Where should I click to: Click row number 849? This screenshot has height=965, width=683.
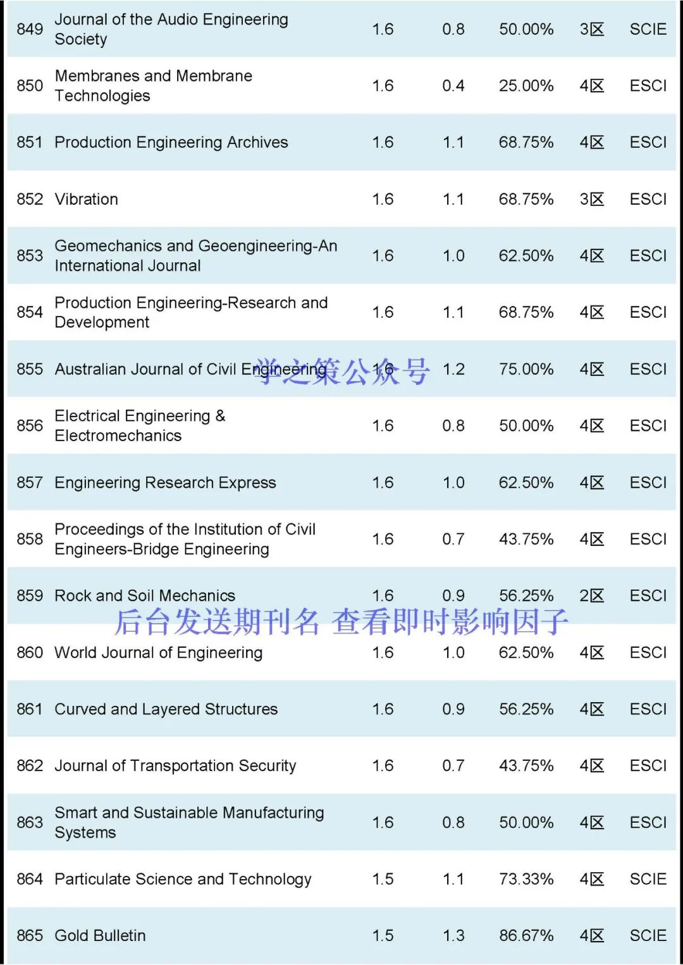[30, 29]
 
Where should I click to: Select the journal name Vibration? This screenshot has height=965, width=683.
[86, 199]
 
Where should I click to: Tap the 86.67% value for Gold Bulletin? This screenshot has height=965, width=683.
[526, 935]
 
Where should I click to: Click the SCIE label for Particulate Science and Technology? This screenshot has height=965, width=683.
[648, 879]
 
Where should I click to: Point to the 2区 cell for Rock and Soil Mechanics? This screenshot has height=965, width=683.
[591, 595]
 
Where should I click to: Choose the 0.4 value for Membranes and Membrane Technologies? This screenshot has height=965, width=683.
[453, 86]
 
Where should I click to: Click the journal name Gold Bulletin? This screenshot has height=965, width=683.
[100, 935]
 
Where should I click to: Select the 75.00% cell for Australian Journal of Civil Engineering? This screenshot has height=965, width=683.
[526, 369]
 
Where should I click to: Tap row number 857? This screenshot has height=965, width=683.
[30, 483]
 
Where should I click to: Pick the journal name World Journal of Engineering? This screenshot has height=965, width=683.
[158, 652]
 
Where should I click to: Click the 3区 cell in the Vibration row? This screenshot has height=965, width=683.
[591, 199]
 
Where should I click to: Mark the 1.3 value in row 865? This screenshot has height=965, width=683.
[453, 935]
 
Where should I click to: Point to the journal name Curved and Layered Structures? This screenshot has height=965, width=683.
[166, 709]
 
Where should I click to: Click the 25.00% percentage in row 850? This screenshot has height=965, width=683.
[526, 86]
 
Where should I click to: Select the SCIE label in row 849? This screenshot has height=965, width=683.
[648, 29]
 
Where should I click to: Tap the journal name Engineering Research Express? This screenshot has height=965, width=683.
[165, 483]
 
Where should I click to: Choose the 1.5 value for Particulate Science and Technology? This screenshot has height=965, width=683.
[383, 879]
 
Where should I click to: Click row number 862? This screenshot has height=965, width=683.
[30, 766]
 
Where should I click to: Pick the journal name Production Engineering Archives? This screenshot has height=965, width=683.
[171, 142]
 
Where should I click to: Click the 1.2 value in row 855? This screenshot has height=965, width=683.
[453, 369]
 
